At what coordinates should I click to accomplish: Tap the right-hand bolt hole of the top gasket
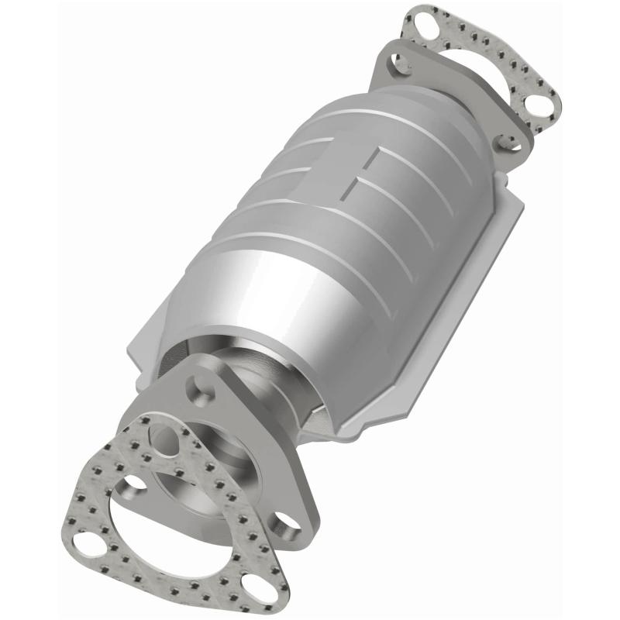coord(536,102)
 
